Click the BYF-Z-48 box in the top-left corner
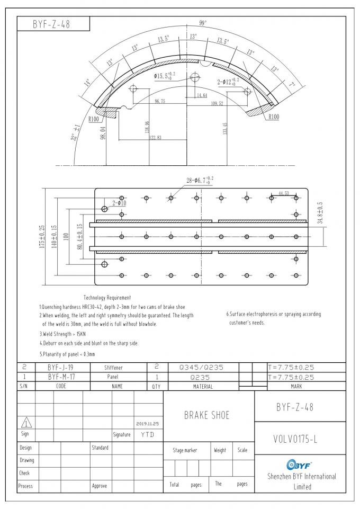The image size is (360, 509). click(53, 24)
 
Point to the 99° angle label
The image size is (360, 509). click(202, 23)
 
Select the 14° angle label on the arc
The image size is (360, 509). click(87, 83)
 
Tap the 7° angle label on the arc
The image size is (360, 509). click(292, 84)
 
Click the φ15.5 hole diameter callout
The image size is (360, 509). click(166, 76)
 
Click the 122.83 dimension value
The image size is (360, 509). click(155, 137)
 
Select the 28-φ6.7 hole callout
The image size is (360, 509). click(199, 181)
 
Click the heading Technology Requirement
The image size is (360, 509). click(107, 298)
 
